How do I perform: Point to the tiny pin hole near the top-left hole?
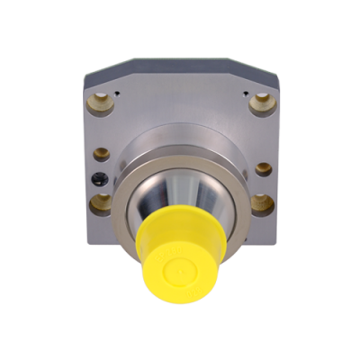coord(119,92)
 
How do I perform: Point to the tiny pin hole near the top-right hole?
coord(243,92)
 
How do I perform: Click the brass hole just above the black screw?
coord(103,154)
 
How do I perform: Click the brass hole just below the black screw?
coord(103,201)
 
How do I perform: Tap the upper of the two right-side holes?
coord(261,167)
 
